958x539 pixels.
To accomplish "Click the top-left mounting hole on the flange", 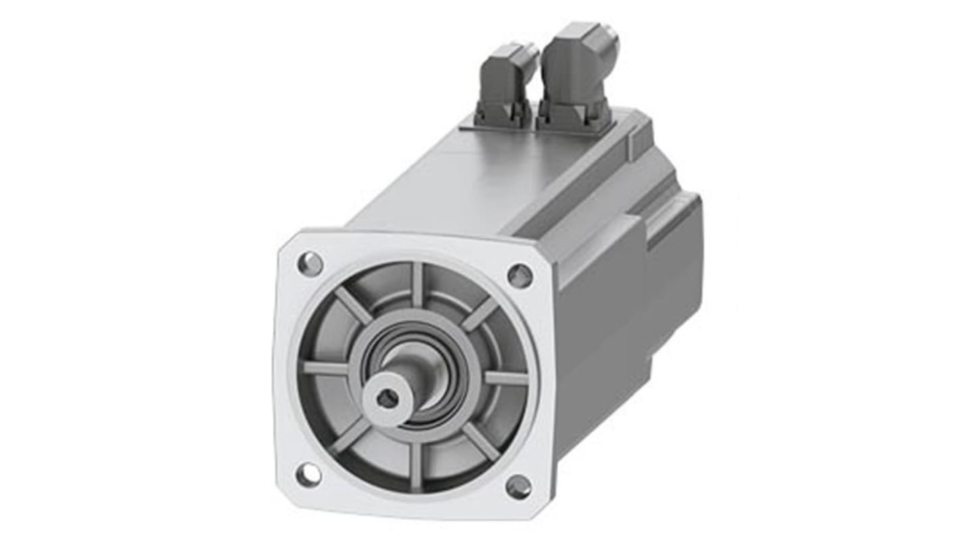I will coord(310,263).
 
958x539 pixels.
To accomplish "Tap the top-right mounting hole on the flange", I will coord(519,275).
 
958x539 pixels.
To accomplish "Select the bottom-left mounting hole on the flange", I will coord(308,475).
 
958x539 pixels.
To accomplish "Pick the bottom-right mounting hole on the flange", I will coord(518,487).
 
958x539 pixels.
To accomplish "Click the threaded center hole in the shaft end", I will coord(387,399).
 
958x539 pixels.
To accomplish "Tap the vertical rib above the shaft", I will coord(417,284).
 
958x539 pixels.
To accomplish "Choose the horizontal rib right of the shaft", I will coord(506,378).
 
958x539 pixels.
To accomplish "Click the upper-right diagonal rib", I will coord(480,313).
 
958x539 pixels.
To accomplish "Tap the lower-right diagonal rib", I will coord(480,441).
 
